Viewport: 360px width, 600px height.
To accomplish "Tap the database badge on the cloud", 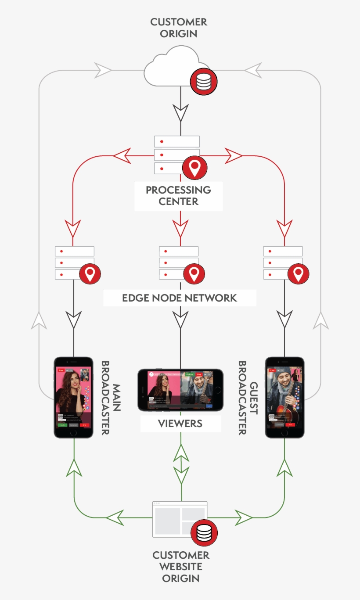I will click(x=203, y=82).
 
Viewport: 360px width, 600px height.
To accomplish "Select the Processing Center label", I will click(x=178, y=196).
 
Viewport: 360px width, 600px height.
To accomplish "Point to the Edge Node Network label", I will click(x=180, y=298).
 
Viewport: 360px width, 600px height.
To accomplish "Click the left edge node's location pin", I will click(x=90, y=273).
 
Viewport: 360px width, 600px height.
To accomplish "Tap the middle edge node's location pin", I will click(x=194, y=273).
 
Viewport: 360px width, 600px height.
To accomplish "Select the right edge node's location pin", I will click(x=298, y=273).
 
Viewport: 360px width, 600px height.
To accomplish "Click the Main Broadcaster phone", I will click(x=73, y=397).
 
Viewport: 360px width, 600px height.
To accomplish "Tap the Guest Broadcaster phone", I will click(x=284, y=397).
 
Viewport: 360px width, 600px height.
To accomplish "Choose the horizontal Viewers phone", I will click(x=180, y=390).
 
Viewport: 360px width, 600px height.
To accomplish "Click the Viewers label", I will click(x=180, y=424).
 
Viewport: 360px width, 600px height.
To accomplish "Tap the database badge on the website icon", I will click(x=204, y=532).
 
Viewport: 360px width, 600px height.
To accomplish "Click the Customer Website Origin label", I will click(x=180, y=567).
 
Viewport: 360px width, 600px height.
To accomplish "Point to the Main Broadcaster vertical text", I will click(x=111, y=398).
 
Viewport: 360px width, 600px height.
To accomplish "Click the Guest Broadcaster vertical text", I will click(x=248, y=398).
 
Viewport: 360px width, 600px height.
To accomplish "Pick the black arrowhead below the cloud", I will click(x=180, y=113).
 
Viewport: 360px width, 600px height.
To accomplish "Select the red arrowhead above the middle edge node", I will click(x=180, y=228).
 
